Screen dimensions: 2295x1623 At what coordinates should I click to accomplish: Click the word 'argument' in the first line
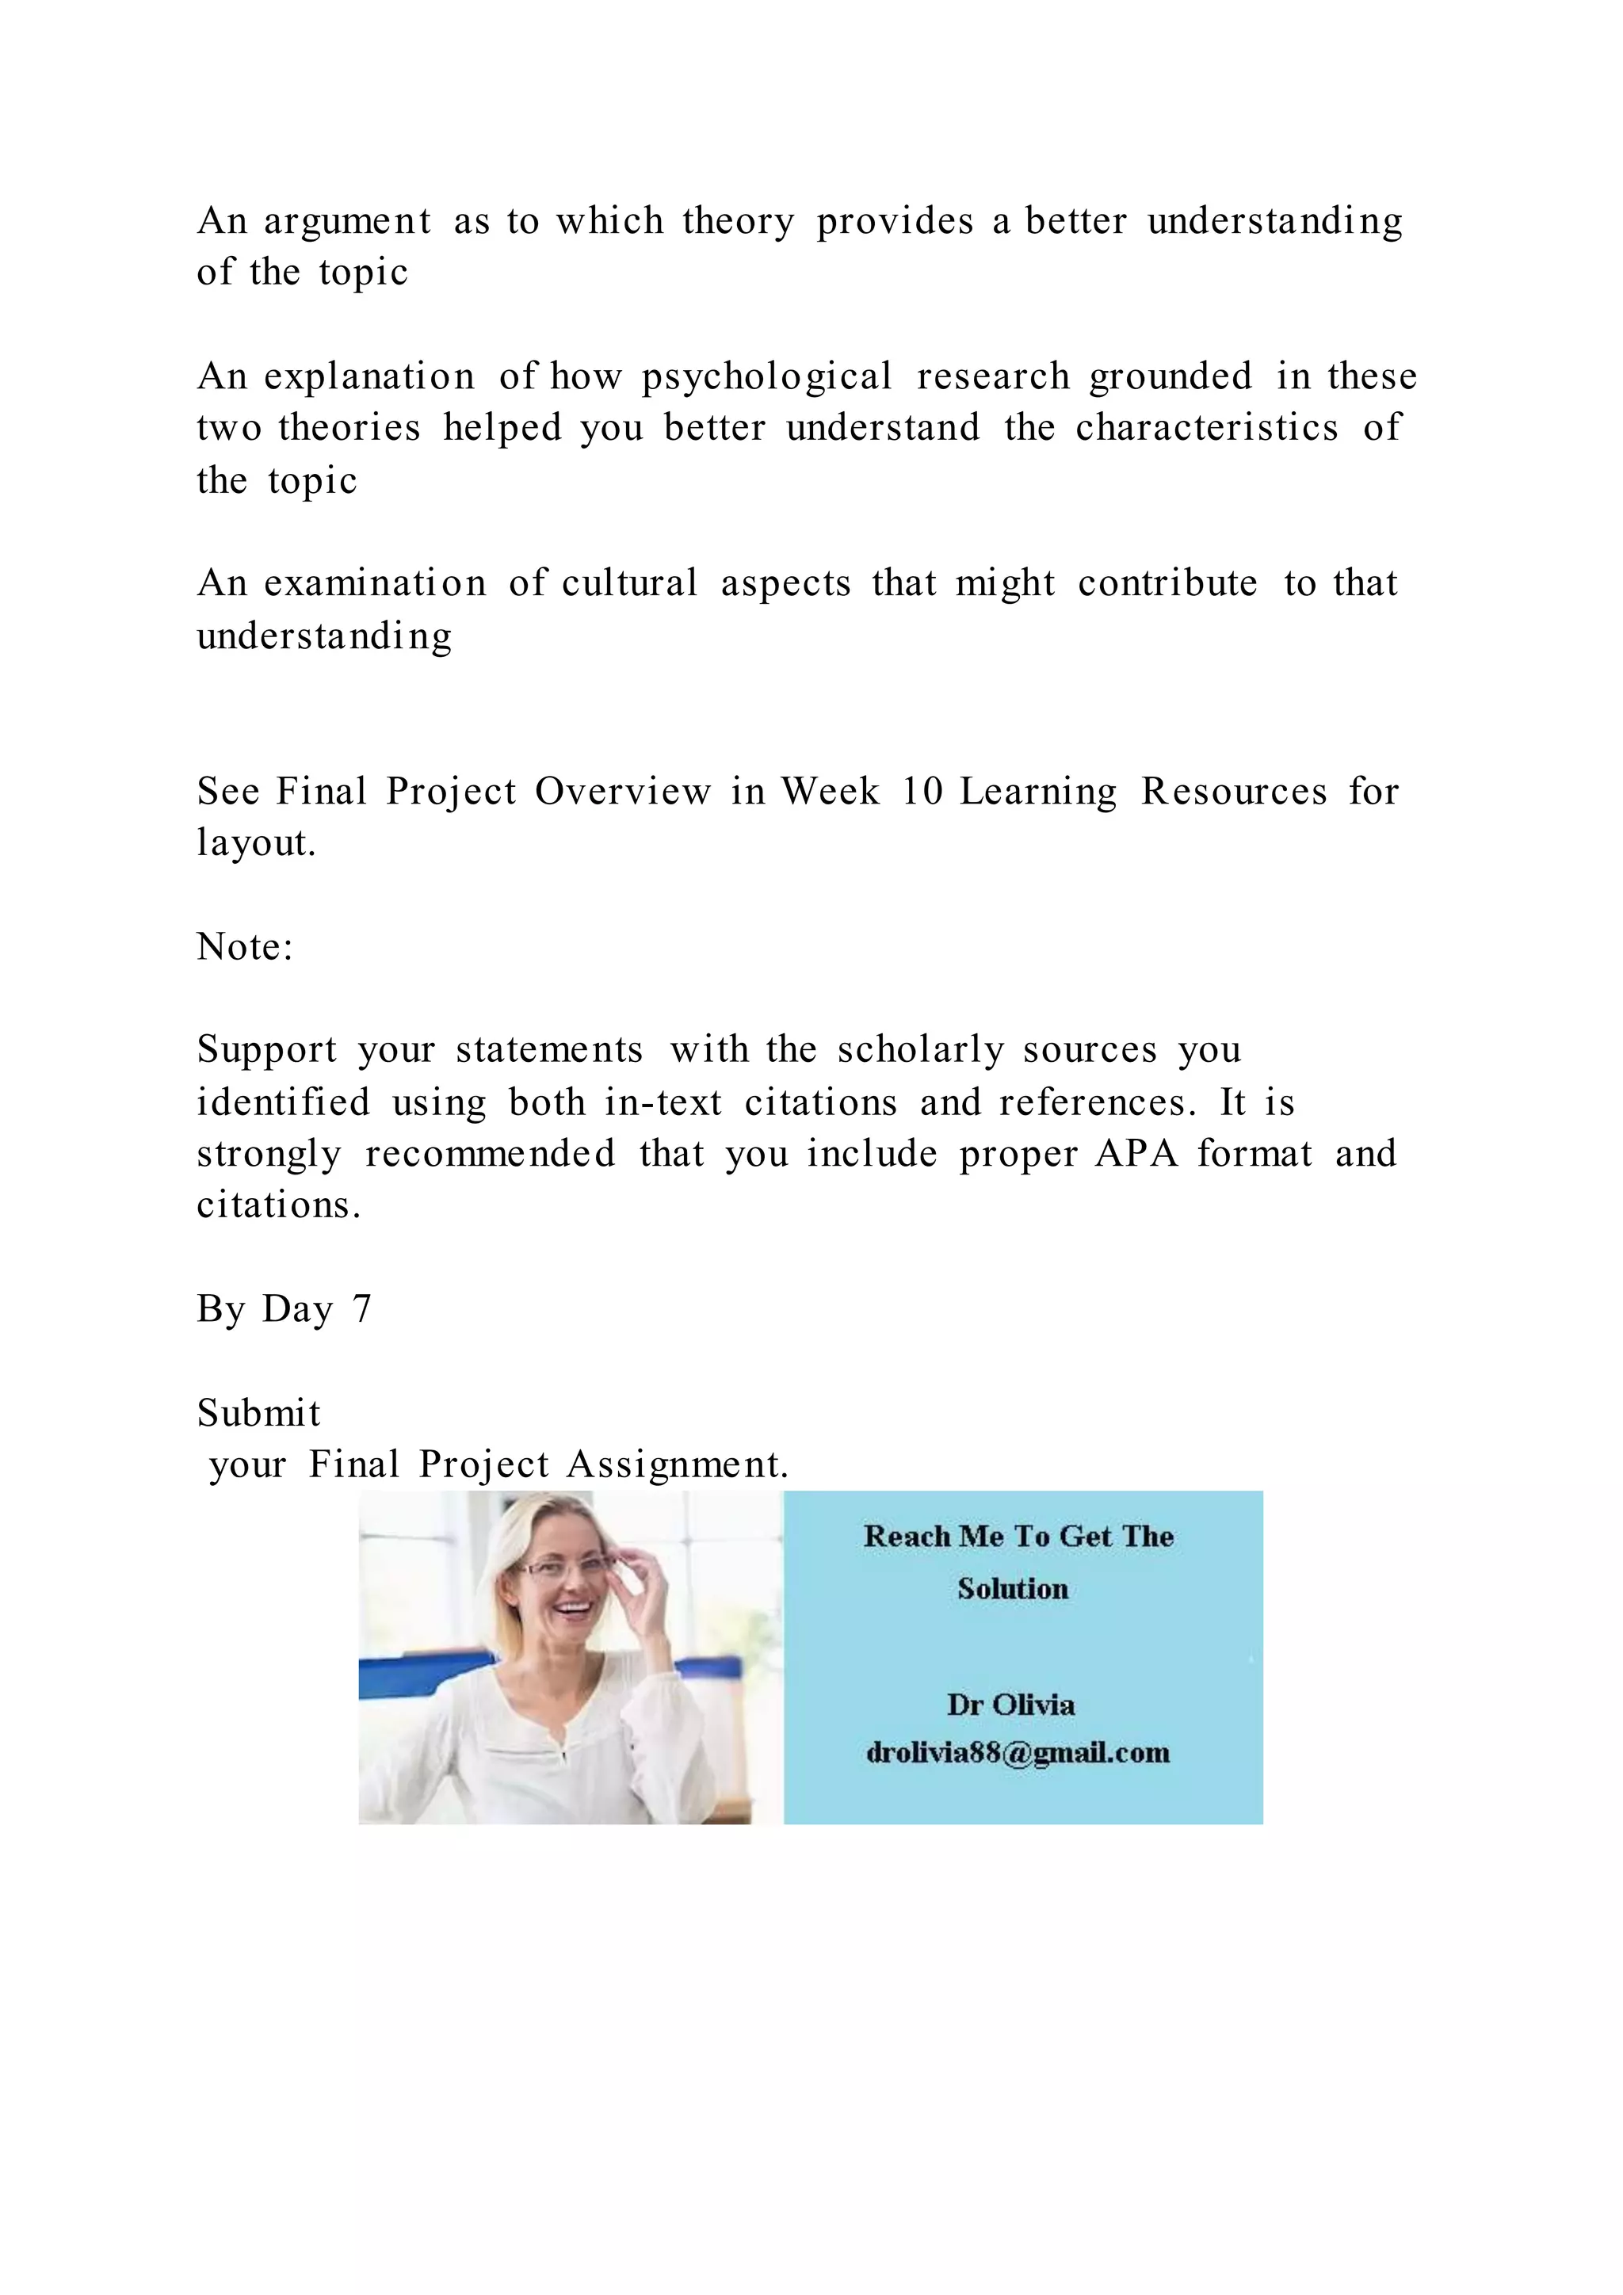348,222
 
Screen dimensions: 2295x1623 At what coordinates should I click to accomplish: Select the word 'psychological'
766,378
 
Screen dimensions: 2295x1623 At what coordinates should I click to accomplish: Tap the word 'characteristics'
1206,429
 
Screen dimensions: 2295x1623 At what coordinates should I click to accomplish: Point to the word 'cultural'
629,584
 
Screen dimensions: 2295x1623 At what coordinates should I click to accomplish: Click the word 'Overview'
623,792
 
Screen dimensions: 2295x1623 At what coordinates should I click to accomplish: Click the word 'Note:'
245,946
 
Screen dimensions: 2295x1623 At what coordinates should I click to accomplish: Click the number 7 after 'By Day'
362,1309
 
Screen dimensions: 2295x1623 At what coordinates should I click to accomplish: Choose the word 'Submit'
259,1414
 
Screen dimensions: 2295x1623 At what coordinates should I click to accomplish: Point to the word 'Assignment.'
678,1465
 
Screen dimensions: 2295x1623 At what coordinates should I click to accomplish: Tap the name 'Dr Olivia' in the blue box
1010,1705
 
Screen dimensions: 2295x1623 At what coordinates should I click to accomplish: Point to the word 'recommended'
490,1155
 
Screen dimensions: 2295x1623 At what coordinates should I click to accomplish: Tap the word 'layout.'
256,844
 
